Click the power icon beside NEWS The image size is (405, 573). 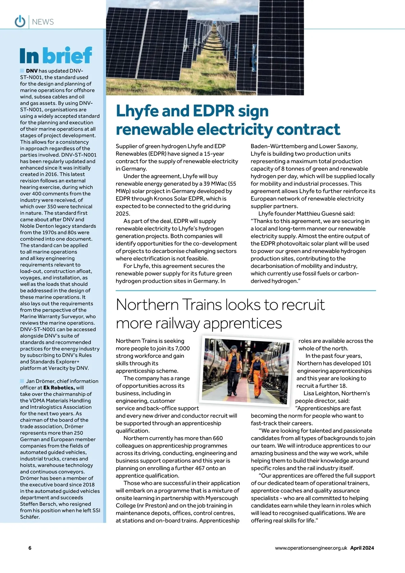click(x=20, y=22)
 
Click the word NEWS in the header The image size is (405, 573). click(x=43, y=22)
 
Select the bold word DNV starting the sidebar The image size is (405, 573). click(x=32, y=71)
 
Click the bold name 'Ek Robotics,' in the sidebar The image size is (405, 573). click(x=59, y=388)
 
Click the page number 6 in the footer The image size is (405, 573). click(x=30, y=548)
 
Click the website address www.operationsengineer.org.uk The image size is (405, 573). click(x=311, y=548)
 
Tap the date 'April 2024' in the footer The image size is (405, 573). click(x=362, y=548)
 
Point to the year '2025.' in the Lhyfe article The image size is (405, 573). click(x=123, y=214)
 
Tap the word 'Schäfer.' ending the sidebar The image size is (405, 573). click(x=30, y=517)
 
